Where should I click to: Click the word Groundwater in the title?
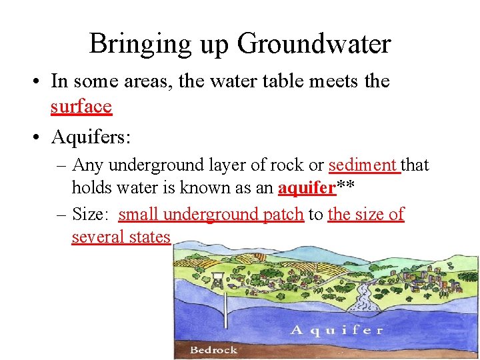[314, 45]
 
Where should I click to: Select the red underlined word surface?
[81, 106]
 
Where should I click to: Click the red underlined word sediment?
[363, 165]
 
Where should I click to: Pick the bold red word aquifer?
[306, 188]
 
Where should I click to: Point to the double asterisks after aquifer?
[344, 187]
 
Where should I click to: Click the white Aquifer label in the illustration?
[337, 329]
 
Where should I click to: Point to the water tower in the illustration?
[217, 280]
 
